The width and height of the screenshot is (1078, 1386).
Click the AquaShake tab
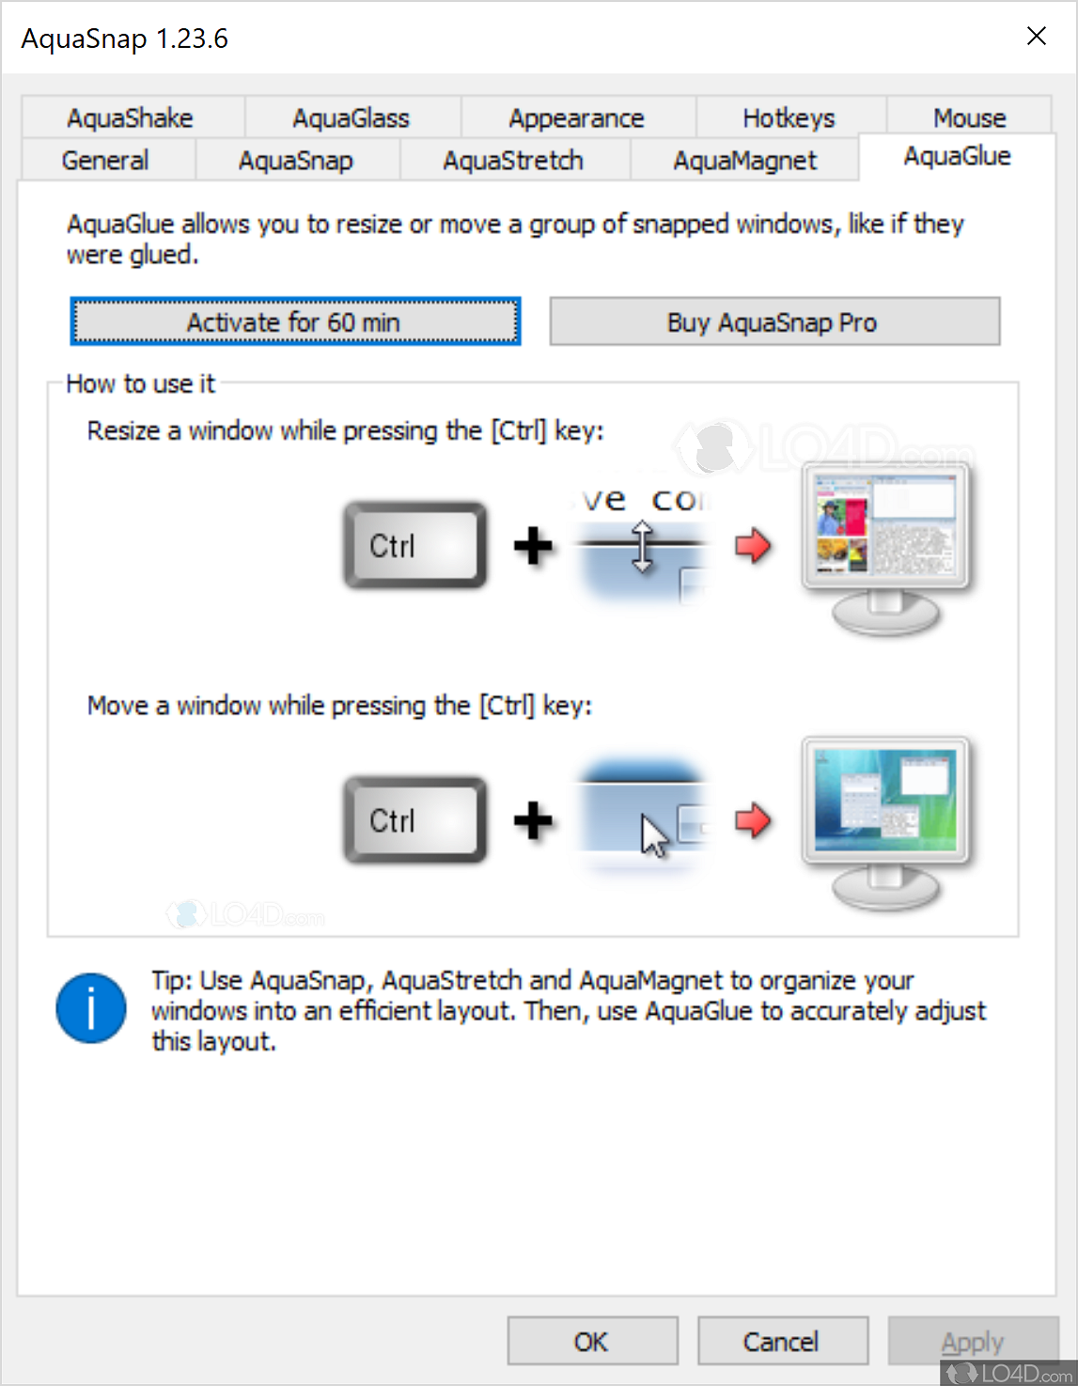tap(132, 117)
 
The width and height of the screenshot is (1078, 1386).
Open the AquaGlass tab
tap(352, 117)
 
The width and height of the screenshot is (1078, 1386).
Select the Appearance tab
tap(577, 117)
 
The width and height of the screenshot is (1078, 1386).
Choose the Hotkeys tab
tap(789, 117)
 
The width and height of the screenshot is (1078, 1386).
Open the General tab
tap(106, 160)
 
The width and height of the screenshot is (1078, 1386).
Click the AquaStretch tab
tap(513, 160)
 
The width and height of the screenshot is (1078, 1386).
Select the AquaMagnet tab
tap(745, 160)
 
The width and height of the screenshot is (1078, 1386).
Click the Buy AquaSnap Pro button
tap(774, 321)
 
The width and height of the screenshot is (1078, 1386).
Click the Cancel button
tap(782, 1341)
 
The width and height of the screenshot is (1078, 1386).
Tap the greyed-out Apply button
tap(972, 1341)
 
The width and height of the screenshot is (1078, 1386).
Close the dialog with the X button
tap(1037, 37)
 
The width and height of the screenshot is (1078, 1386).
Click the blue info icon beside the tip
tap(91, 1008)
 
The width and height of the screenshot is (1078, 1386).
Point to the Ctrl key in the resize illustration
tap(414, 545)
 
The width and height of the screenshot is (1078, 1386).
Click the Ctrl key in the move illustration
tap(414, 820)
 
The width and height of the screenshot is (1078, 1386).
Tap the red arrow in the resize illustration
tap(753, 545)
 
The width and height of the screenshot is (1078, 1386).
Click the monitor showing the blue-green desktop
tap(886, 823)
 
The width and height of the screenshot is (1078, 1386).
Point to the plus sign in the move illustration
tap(533, 820)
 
